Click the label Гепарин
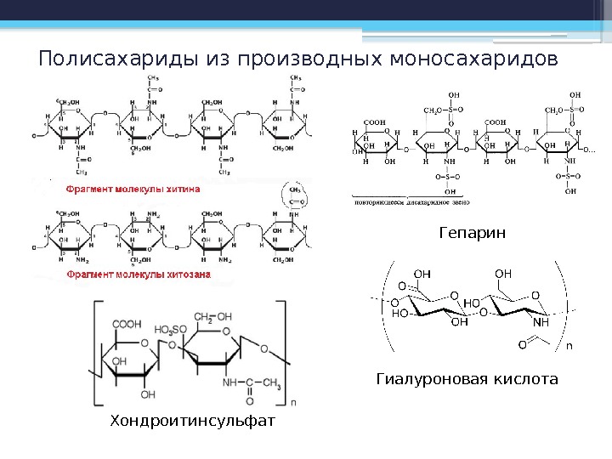tap(472, 232)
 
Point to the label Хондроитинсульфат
tap(194, 421)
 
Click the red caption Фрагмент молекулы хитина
tap(134, 191)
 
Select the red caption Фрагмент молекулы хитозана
tap(139, 275)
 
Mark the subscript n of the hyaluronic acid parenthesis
tap(569, 346)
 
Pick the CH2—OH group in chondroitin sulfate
tap(212, 317)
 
